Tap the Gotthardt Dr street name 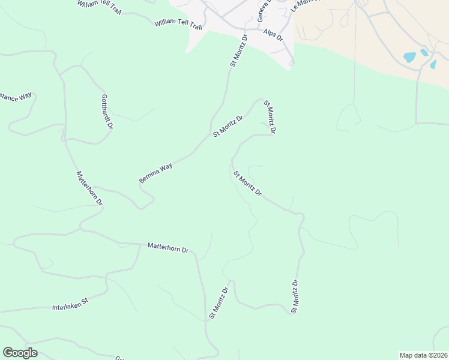click(107, 112)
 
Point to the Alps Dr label click(273, 34)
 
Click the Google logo click(20, 353)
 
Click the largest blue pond click(409, 58)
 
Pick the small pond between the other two click(424, 52)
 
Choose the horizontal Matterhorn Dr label click(168, 247)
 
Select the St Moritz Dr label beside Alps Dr click(238, 51)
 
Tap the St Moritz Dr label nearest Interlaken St click(218, 302)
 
